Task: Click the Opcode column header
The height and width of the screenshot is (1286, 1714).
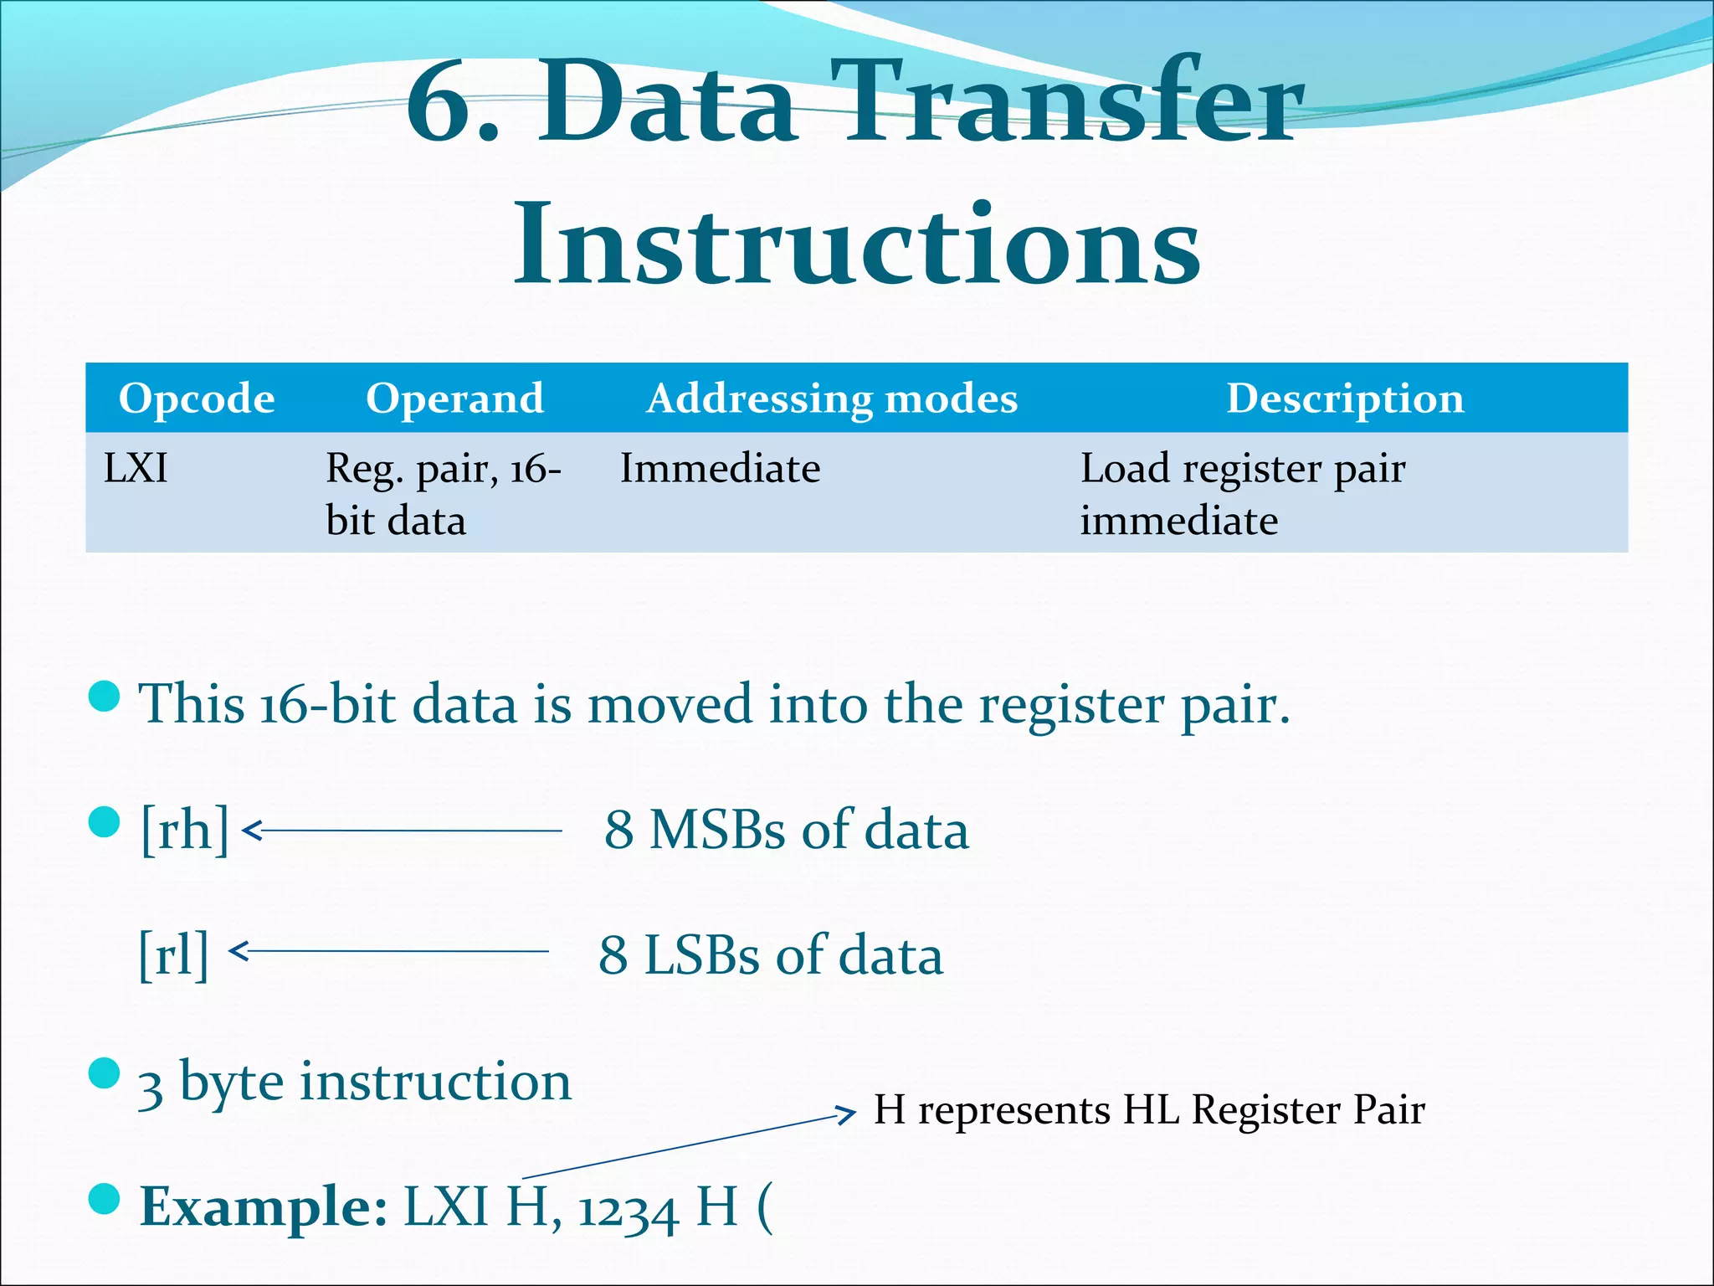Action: click(197, 399)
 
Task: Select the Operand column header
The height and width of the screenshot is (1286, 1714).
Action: click(454, 399)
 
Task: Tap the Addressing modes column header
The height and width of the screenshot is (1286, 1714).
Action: click(832, 399)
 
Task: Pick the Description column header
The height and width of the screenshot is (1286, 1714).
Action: click(1345, 399)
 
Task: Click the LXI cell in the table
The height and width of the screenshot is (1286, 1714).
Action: click(136, 468)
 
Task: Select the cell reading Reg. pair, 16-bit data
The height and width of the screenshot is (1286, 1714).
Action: click(442, 494)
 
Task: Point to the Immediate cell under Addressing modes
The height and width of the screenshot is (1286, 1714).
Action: click(720, 468)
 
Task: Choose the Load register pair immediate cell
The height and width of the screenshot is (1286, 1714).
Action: click(1242, 494)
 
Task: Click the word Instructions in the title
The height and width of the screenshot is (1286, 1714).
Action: click(857, 244)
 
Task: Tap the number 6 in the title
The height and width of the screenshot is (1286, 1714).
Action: click(444, 105)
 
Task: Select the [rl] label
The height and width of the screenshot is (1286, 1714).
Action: click(173, 954)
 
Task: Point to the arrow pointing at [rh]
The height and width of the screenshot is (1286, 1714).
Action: click(402, 831)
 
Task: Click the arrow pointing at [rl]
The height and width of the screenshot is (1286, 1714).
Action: click(389, 951)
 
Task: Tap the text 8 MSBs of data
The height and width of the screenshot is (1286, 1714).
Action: click(787, 830)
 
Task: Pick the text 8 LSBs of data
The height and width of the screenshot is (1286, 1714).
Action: click(771, 954)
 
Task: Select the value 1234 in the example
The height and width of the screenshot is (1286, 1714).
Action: click(628, 1211)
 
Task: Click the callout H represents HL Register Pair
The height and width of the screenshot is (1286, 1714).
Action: click(1149, 1110)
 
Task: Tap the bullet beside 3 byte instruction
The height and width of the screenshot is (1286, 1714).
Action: click(105, 1073)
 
